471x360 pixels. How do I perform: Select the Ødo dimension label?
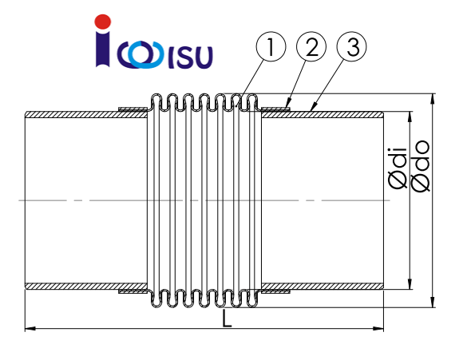421,166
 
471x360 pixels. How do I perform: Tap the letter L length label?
228,319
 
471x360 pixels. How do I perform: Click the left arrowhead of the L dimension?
29,327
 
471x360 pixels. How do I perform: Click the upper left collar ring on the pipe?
133,108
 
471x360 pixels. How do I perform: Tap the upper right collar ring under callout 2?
275,108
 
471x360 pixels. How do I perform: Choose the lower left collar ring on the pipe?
133,292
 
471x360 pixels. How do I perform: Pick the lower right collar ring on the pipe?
275,292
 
